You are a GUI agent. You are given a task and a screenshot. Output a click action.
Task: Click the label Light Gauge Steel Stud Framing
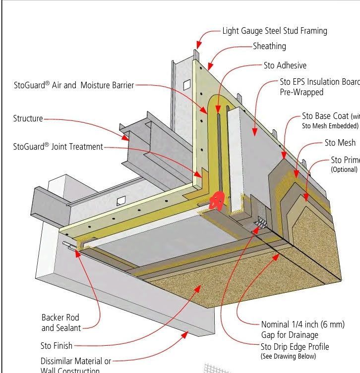click(274, 31)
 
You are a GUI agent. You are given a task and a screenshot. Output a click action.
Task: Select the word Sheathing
click(269, 46)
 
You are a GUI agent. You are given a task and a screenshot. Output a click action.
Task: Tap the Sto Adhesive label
click(285, 65)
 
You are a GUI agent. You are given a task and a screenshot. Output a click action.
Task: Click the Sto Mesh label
click(340, 143)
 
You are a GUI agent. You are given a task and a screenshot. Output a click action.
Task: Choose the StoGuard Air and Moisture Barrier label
click(74, 85)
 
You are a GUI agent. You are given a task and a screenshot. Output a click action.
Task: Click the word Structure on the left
click(28, 119)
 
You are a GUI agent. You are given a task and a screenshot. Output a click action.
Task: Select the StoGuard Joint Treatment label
click(59, 147)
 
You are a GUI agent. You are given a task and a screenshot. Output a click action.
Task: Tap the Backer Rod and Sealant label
click(60, 322)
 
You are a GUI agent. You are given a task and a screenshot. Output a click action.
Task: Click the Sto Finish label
click(56, 346)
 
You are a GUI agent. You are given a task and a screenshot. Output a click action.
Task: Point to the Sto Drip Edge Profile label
click(295, 347)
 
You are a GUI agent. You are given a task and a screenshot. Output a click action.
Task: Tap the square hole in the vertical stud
click(186, 85)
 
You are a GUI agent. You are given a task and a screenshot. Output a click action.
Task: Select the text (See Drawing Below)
click(288, 356)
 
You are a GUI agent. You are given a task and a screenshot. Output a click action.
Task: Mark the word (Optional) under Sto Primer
click(344, 169)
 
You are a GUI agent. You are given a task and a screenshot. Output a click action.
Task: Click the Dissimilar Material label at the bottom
click(76, 362)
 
